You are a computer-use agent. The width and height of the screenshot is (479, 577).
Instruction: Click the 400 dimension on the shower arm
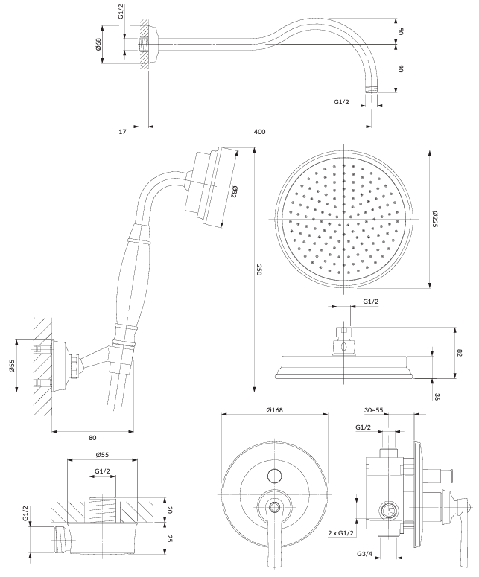[x=259, y=131]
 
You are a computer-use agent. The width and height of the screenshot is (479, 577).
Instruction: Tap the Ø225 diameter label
[x=434, y=218]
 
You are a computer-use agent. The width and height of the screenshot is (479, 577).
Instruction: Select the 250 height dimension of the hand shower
[x=259, y=270]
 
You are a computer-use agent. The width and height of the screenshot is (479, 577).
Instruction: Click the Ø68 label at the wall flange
[x=98, y=45]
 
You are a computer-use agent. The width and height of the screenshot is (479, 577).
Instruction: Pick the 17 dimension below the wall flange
[x=124, y=131]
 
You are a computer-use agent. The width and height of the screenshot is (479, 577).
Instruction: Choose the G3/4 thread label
[x=365, y=555]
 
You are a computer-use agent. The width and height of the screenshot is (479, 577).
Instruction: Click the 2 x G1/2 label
[x=342, y=533]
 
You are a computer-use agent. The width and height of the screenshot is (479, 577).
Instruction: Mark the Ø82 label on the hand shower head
[x=233, y=192]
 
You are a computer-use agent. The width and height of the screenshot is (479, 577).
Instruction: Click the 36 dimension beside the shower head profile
[x=436, y=397]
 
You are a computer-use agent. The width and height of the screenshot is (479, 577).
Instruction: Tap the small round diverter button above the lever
[x=275, y=476]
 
